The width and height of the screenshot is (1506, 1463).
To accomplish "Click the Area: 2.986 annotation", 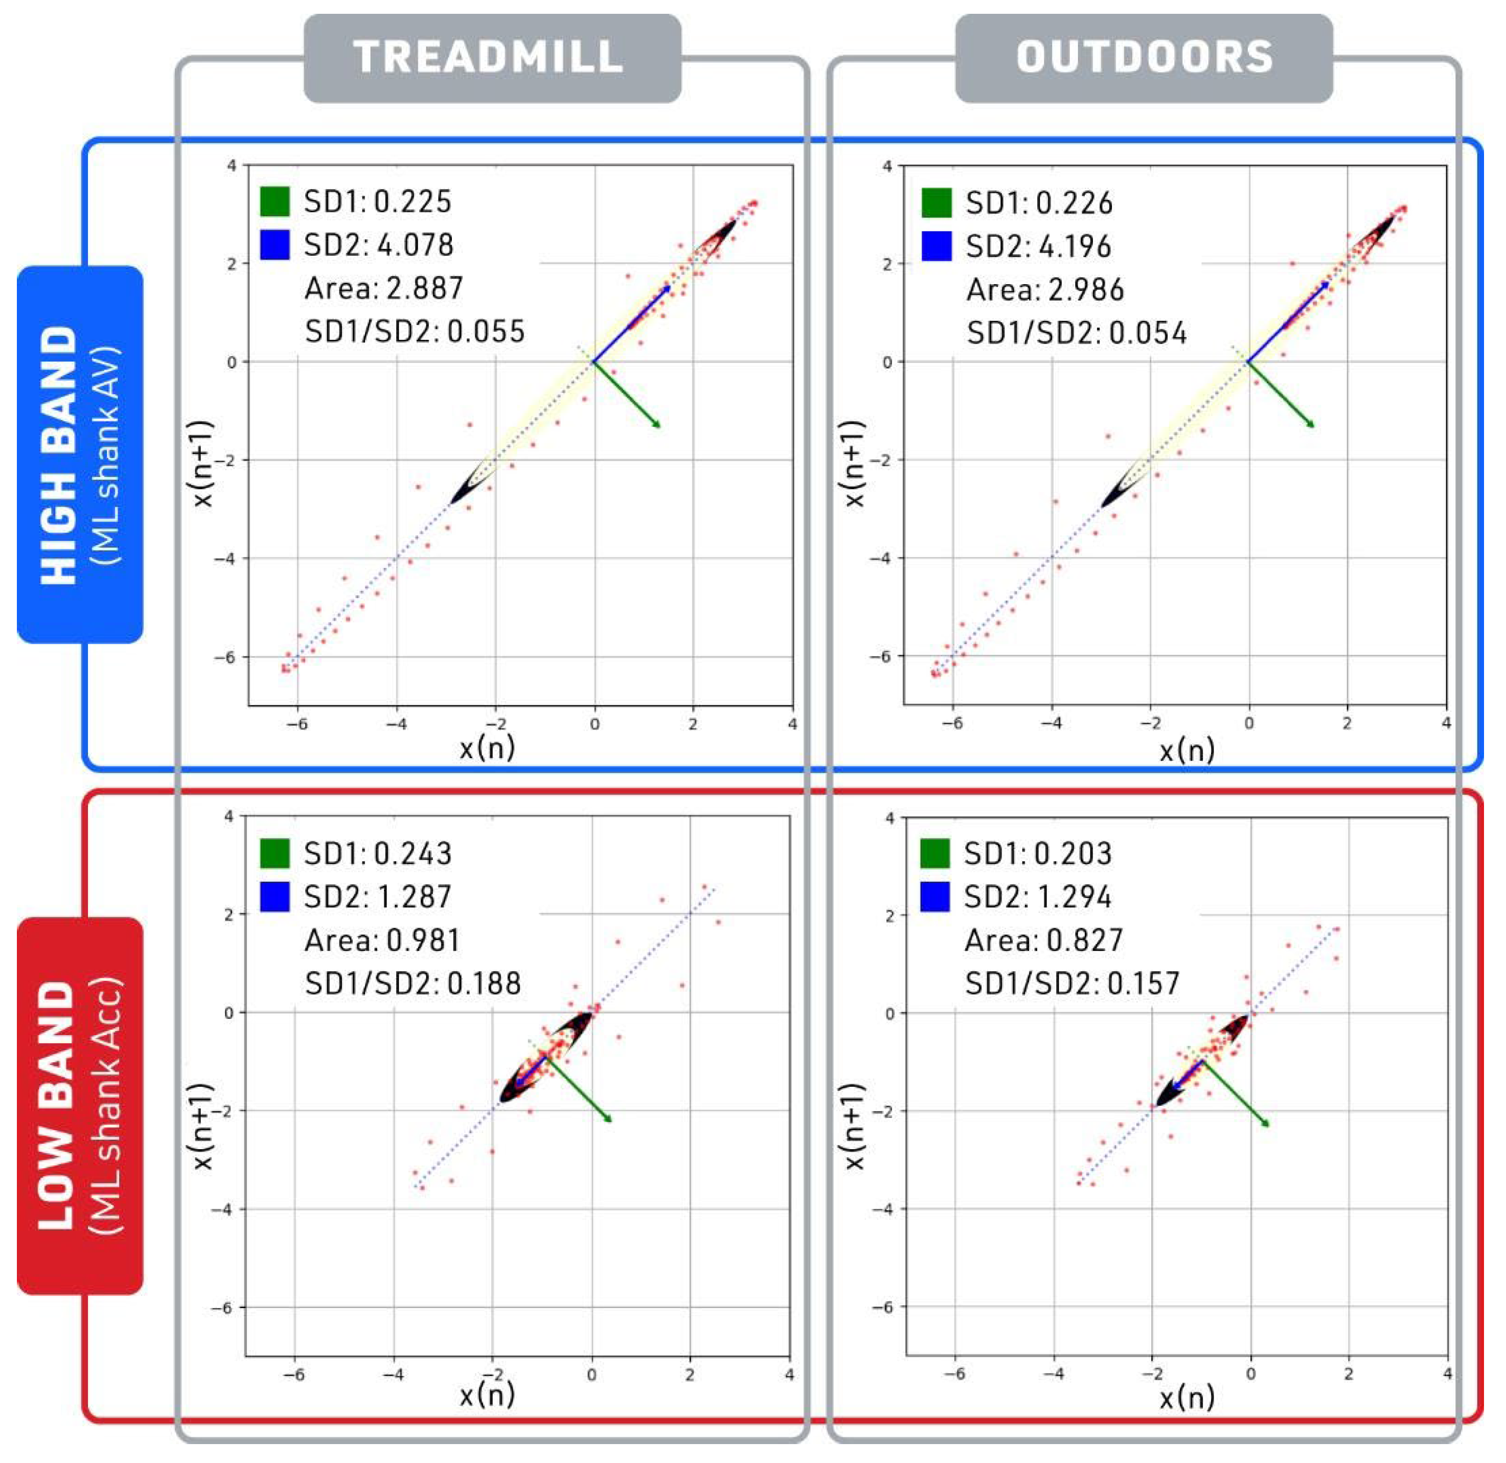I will pos(1045,290).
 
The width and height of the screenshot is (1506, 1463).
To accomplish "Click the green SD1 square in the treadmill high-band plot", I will pos(275,201).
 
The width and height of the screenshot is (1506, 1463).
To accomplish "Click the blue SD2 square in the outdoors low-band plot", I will pos(935,897).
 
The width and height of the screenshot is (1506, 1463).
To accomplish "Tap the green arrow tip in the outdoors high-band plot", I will pos(1313,426).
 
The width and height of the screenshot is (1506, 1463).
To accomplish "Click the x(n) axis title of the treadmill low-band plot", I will pos(487,1395).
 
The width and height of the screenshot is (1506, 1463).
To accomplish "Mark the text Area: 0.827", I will pos(1043,940).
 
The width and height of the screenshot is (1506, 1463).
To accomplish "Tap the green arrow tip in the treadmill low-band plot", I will pos(611,1121).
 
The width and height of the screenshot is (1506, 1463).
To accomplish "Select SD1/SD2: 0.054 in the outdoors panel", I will pos(1076,333).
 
